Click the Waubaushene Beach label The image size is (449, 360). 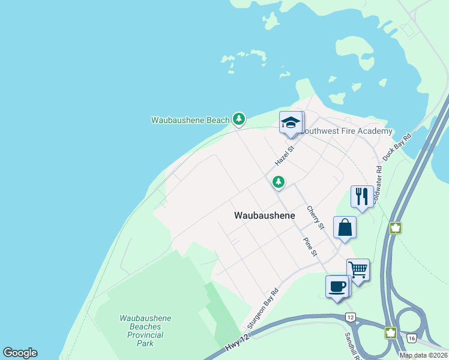click(x=190, y=120)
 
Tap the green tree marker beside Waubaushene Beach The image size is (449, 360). click(x=239, y=119)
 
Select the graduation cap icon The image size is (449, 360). click(x=291, y=122)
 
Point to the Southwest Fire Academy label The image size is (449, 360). click(x=346, y=131)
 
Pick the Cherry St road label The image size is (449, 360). click(x=315, y=217)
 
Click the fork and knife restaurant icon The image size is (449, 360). click(x=361, y=197)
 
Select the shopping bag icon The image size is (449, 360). click(x=345, y=227)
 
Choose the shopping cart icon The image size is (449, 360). click(x=358, y=270)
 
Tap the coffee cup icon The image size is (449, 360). click(x=337, y=286)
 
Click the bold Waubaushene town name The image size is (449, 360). click(x=264, y=215)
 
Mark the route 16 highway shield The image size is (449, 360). click(x=411, y=338)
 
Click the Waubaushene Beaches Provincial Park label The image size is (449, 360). click(x=145, y=331)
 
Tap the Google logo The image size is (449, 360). click(x=20, y=353)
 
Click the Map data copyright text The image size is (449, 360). click(x=423, y=355)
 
